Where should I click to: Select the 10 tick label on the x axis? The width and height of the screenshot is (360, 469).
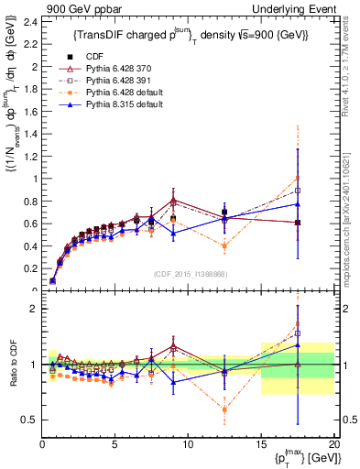pyautogui.click(x=188, y=445)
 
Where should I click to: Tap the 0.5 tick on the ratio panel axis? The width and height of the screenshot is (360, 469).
pyautogui.click(x=30, y=420)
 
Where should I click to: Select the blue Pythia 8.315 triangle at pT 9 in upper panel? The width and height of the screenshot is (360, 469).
pyautogui.click(x=173, y=233)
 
